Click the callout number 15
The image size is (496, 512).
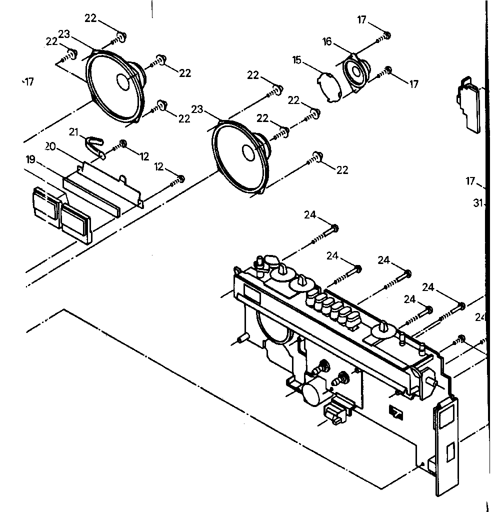[x=297, y=60]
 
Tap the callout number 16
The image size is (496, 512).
[x=327, y=41]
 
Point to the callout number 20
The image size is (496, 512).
[x=50, y=146]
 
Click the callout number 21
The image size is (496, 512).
[x=74, y=131]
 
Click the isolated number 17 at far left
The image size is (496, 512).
[x=29, y=82]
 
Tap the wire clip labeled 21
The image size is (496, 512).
[x=95, y=146]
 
